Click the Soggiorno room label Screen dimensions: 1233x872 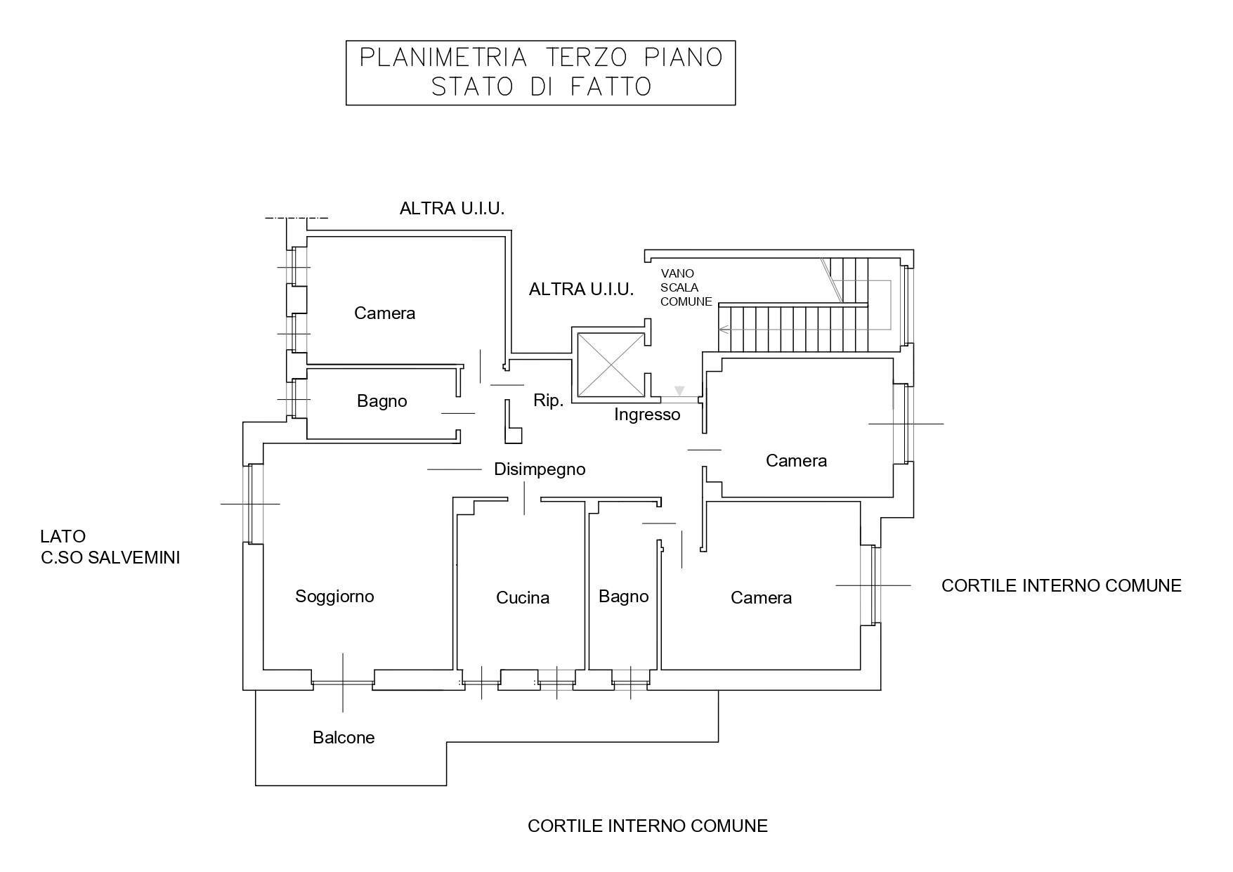tap(334, 597)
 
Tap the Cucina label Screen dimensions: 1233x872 tap(523, 598)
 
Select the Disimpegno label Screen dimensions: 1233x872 tap(540, 469)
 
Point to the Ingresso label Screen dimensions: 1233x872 tap(647, 415)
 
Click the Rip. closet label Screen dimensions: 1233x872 tap(548, 401)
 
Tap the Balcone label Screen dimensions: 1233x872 tap(344, 738)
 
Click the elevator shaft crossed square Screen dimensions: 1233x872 tap(610, 364)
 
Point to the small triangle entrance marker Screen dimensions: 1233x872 tap(679, 391)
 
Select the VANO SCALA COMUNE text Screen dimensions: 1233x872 tap(686, 287)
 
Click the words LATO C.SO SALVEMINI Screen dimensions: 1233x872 tap(110, 547)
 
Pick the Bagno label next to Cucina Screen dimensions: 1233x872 tap(624, 597)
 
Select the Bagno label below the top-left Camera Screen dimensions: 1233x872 tap(382, 401)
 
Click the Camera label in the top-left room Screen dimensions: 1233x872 tap(384, 313)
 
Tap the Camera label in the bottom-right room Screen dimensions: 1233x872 tap(761, 598)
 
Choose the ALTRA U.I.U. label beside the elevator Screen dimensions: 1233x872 tap(582, 289)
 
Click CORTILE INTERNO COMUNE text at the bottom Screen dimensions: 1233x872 tap(648, 826)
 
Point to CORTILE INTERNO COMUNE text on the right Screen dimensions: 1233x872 tap(1062, 585)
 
